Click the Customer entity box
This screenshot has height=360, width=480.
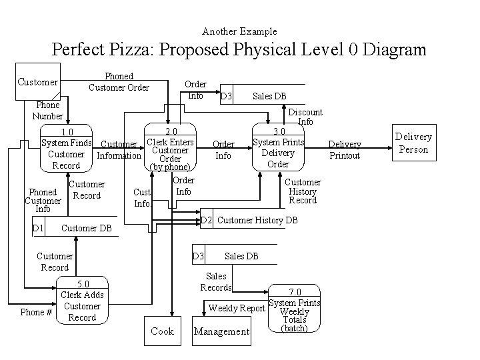click(x=37, y=82)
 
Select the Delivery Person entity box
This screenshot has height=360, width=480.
click(x=413, y=143)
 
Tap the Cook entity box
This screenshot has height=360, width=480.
click(x=162, y=331)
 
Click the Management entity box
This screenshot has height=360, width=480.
click(x=221, y=331)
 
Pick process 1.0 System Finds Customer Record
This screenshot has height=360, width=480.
click(x=67, y=149)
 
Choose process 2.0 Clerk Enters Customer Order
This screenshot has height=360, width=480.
click(x=171, y=149)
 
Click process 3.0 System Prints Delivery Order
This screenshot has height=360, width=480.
click(x=278, y=148)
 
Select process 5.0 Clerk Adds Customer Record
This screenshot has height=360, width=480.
click(x=82, y=301)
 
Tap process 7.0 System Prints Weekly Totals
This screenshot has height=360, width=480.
click(x=295, y=310)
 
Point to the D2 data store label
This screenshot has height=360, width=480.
click(x=207, y=220)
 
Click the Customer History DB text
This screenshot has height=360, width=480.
click(x=257, y=220)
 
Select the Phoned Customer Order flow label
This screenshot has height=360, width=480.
click(x=119, y=82)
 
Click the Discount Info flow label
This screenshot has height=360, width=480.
click(x=305, y=117)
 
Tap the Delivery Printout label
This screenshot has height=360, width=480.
click(x=345, y=149)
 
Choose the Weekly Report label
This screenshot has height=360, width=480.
click(x=237, y=308)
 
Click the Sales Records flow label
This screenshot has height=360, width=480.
click(x=216, y=281)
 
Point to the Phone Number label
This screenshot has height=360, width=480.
click(x=47, y=110)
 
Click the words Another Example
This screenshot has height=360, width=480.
click(x=239, y=31)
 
